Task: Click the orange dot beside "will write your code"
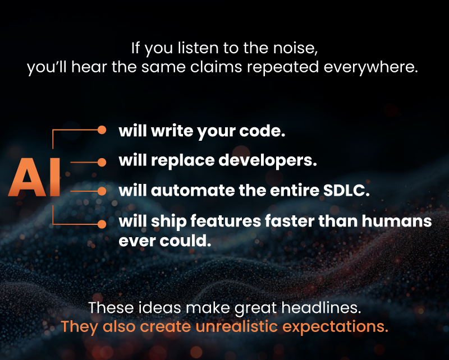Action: pos(102,130)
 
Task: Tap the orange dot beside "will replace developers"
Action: pos(102,162)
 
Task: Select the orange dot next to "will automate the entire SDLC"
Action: pos(102,191)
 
